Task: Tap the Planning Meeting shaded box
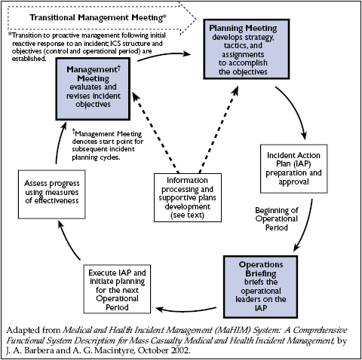[x=241, y=51]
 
